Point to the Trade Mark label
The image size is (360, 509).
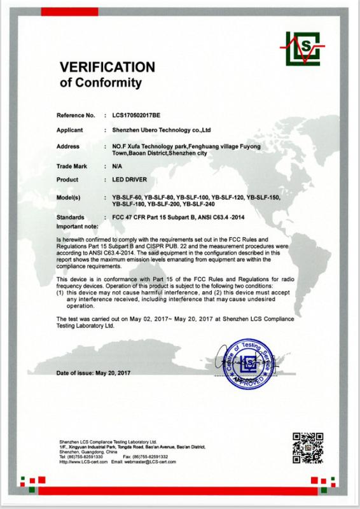[x=72, y=165]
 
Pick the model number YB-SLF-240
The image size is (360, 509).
[x=200, y=204]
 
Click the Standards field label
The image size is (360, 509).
[x=71, y=218]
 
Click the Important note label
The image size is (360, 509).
[x=78, y=225]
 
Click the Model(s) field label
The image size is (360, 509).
[x=70, y=198]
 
